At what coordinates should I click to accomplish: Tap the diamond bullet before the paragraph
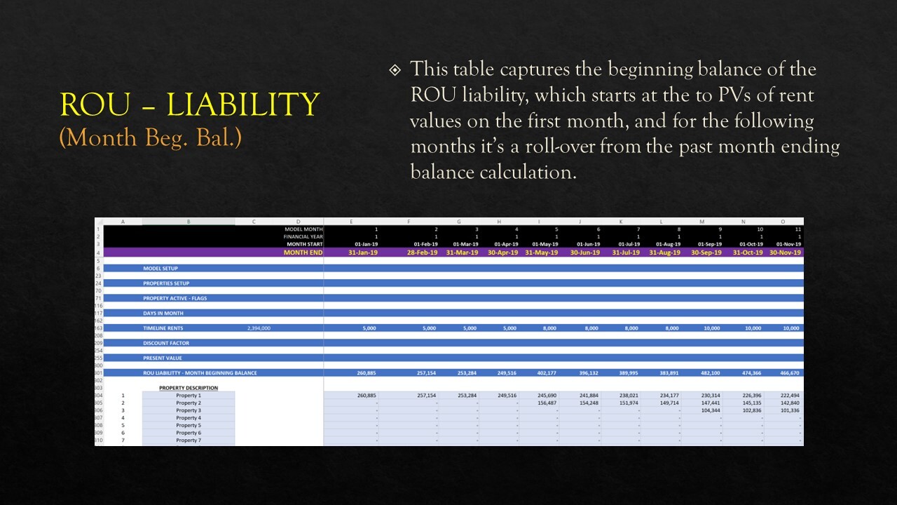[395, 70]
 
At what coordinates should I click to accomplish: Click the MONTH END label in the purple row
[303, 252]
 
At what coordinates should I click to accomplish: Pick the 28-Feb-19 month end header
[422, 252]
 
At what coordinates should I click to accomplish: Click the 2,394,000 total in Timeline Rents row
[259, 328]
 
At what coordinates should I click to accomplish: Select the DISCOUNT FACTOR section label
[166, 343]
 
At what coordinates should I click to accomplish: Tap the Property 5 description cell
[188, 426]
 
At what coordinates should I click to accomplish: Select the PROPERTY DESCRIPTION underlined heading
[188, 388]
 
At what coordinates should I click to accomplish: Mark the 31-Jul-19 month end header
[626, 252]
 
